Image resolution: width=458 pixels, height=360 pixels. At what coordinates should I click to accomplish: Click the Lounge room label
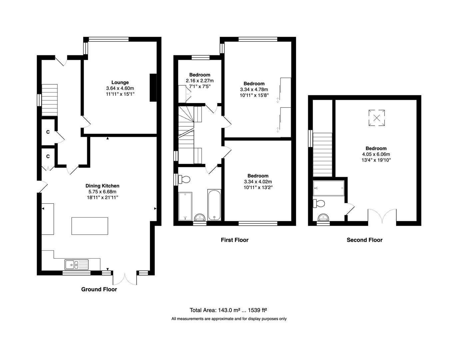[x=120, y=82]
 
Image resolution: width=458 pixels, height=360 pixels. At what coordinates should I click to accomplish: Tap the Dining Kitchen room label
[x=102, y=186]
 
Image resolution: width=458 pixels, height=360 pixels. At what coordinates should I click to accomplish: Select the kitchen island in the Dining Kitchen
[x=90, y=226]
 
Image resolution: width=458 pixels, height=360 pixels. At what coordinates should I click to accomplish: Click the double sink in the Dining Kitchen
[x=77, y=265]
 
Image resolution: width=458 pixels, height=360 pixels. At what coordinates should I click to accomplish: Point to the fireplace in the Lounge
[x=153, y=87]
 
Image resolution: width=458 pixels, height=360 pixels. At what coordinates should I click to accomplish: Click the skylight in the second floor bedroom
[x=377, y=118]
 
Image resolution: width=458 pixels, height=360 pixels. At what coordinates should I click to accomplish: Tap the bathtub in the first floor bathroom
[x=214, y=205]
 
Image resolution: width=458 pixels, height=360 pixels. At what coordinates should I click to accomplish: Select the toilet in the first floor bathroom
[x=185, y=180]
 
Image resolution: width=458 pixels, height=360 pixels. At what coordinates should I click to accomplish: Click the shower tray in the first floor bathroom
[x=185, y=206]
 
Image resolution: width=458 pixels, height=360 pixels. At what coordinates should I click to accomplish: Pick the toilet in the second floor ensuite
[x=319, y=203]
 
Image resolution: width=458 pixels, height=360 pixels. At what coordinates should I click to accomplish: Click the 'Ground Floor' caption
[x=99, y=289]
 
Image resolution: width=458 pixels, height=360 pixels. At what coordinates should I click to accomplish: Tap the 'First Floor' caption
[x=234, y=240]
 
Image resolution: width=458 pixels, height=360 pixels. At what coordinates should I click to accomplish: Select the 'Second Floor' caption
[x=364, y=240]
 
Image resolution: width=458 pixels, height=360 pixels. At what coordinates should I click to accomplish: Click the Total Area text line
[x=228, y=310]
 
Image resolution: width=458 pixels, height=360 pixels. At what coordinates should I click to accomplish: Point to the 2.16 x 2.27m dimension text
[x=200, y=81]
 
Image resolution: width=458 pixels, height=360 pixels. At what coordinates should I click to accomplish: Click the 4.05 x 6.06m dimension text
[x=376, y=154]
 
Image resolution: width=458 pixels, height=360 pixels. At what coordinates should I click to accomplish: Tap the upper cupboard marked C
[x=48, y=132]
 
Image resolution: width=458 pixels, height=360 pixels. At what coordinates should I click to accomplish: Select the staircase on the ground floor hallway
[x=49, y=100]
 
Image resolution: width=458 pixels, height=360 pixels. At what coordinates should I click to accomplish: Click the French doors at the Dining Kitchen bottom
[x=125, y=278]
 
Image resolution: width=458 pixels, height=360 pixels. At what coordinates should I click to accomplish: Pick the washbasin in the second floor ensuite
[x=323, y=218]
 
